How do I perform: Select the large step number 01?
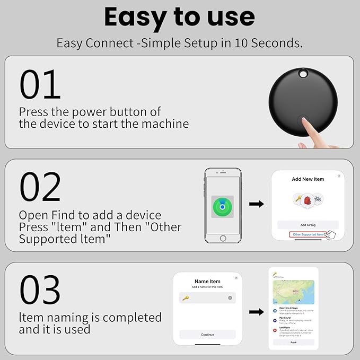[x=40, y=84]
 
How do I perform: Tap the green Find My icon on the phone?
[x=223, y=206]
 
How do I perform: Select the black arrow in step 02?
[x=257, y=204]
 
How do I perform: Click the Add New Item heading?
[x=308, y=179]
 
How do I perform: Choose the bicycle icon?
[x=317, y=199]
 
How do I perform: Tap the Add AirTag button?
[x=308, y=225]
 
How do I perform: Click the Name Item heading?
[x=207, y=281]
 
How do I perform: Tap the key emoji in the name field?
[x=186, y=298]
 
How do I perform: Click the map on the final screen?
[x=293, y=292]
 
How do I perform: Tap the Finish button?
[x=293, y=343]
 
